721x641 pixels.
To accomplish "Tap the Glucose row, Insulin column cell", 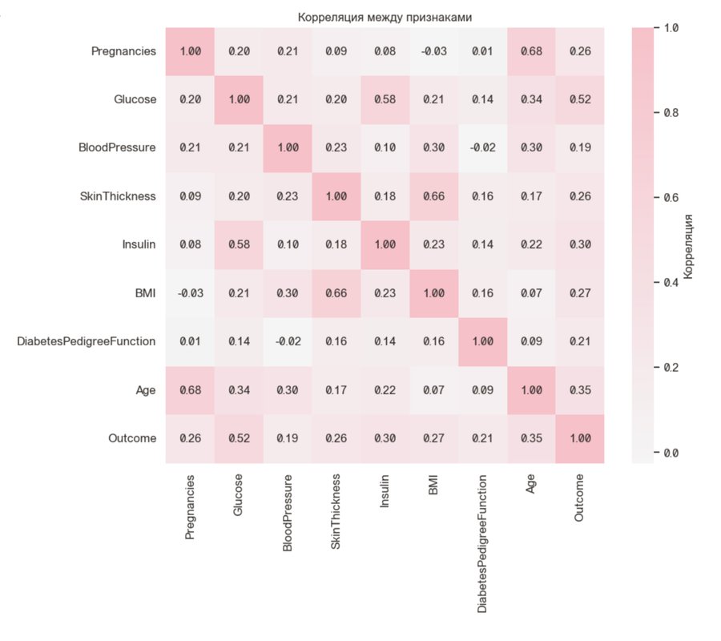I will click(x=385, y=100).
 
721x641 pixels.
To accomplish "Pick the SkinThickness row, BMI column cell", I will click(x=433, y=197).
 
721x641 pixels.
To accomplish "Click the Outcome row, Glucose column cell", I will click(x=238, y=439).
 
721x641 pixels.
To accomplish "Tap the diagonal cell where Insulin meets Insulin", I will click(x=385, y=245).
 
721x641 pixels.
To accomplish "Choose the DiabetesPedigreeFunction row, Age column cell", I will click(x=531, y=342).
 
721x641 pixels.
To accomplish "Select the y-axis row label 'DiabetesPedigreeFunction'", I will click(x=87, y=342).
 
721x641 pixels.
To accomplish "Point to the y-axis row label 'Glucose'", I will click(x=135, y=100).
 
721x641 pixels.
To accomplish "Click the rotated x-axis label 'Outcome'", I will click(x=580, y=498).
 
